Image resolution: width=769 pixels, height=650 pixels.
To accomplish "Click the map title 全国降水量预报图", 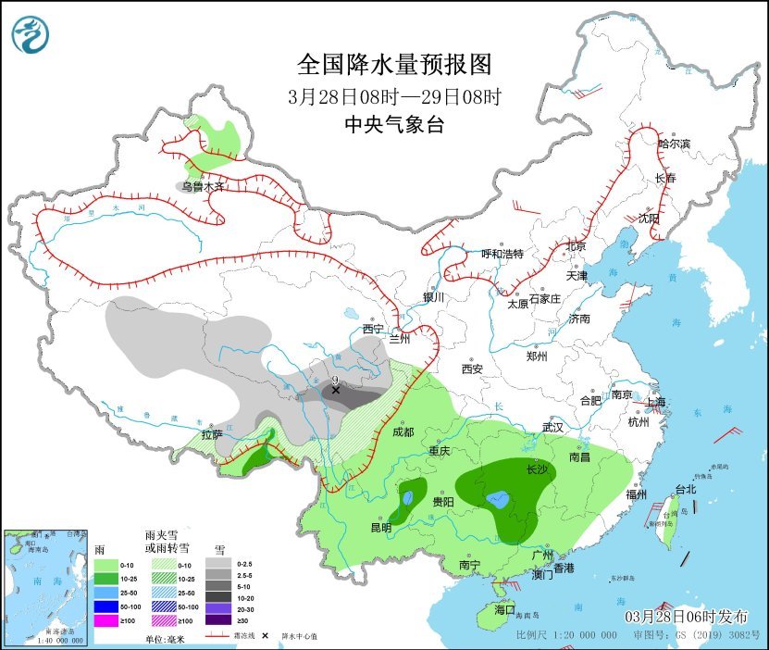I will [393, 64].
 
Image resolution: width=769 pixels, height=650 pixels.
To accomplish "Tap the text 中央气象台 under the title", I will [393, 125].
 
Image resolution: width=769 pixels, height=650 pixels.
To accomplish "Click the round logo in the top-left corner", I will [31, 34].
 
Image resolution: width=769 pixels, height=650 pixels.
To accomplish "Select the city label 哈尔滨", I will [674, 144].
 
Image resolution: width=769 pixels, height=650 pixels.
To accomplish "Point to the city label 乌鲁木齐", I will [203, 186].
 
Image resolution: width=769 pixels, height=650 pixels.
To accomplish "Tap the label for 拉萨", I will [211, 434].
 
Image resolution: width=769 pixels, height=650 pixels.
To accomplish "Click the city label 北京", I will [577, 247].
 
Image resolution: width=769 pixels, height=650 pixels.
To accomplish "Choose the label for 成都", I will [403, 432].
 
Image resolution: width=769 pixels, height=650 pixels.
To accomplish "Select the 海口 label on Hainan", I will [503, 610].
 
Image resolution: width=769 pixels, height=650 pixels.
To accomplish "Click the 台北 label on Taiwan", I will [685, 489].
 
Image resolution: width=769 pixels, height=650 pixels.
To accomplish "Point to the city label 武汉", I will [553, 428].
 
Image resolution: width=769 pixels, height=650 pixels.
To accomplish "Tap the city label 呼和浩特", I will [502, 254].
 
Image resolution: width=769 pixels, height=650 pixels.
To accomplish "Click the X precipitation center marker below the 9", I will [336, 391].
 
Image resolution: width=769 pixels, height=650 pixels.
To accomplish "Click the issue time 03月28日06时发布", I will [687, 617].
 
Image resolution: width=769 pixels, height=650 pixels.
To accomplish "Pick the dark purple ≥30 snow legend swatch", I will [218, 619].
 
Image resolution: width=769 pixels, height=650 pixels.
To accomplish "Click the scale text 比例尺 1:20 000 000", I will [566, 637].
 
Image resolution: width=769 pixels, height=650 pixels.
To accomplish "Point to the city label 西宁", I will [372, 329].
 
